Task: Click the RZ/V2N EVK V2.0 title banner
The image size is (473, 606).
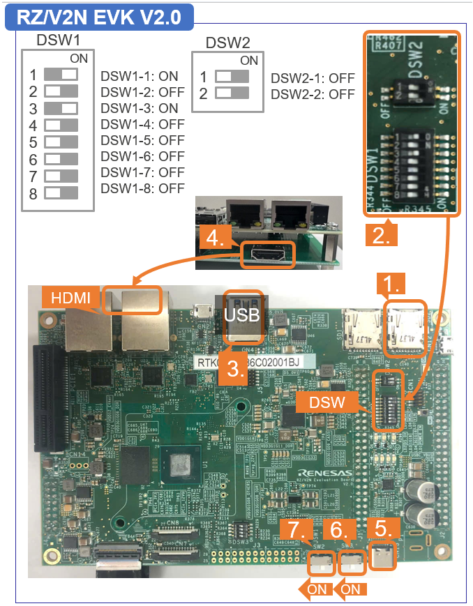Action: (98, 15)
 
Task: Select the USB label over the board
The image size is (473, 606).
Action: (243, 315)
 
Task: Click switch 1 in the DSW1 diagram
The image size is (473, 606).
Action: (61, 74)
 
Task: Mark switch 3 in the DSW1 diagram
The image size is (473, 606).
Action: (61, 108)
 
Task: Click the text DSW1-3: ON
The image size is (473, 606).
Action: (140, 108)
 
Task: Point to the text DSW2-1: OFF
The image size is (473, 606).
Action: (313, 78)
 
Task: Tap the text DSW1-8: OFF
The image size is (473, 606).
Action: (142, 188)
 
